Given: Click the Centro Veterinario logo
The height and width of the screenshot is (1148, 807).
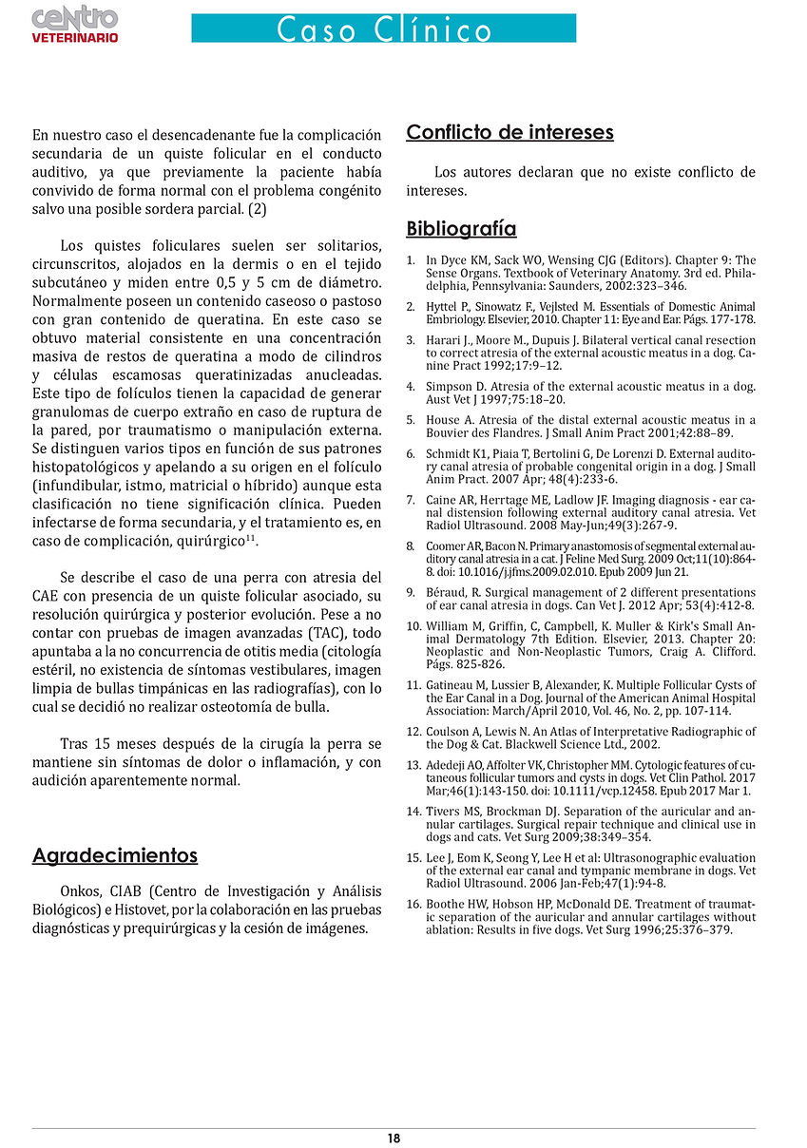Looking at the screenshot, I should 75,24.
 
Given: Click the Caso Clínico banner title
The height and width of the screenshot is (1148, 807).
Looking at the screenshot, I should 384,29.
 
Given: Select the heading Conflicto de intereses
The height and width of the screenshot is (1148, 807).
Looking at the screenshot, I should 509,132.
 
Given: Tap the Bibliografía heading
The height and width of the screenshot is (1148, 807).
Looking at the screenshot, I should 461,229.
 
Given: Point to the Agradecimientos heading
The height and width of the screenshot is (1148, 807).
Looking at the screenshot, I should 115,855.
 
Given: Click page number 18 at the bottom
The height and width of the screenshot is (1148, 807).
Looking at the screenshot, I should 394,1138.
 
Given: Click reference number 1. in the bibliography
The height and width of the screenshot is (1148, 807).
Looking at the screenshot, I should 411,260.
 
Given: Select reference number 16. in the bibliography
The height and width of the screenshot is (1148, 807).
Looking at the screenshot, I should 413,903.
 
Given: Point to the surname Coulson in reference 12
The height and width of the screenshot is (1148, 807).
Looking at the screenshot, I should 450,732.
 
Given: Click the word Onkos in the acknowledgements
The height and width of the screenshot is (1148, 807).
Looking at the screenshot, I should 78,891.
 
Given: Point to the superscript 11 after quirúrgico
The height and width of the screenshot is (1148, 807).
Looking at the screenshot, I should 252,539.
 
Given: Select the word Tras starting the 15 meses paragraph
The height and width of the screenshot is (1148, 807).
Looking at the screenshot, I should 76,743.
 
